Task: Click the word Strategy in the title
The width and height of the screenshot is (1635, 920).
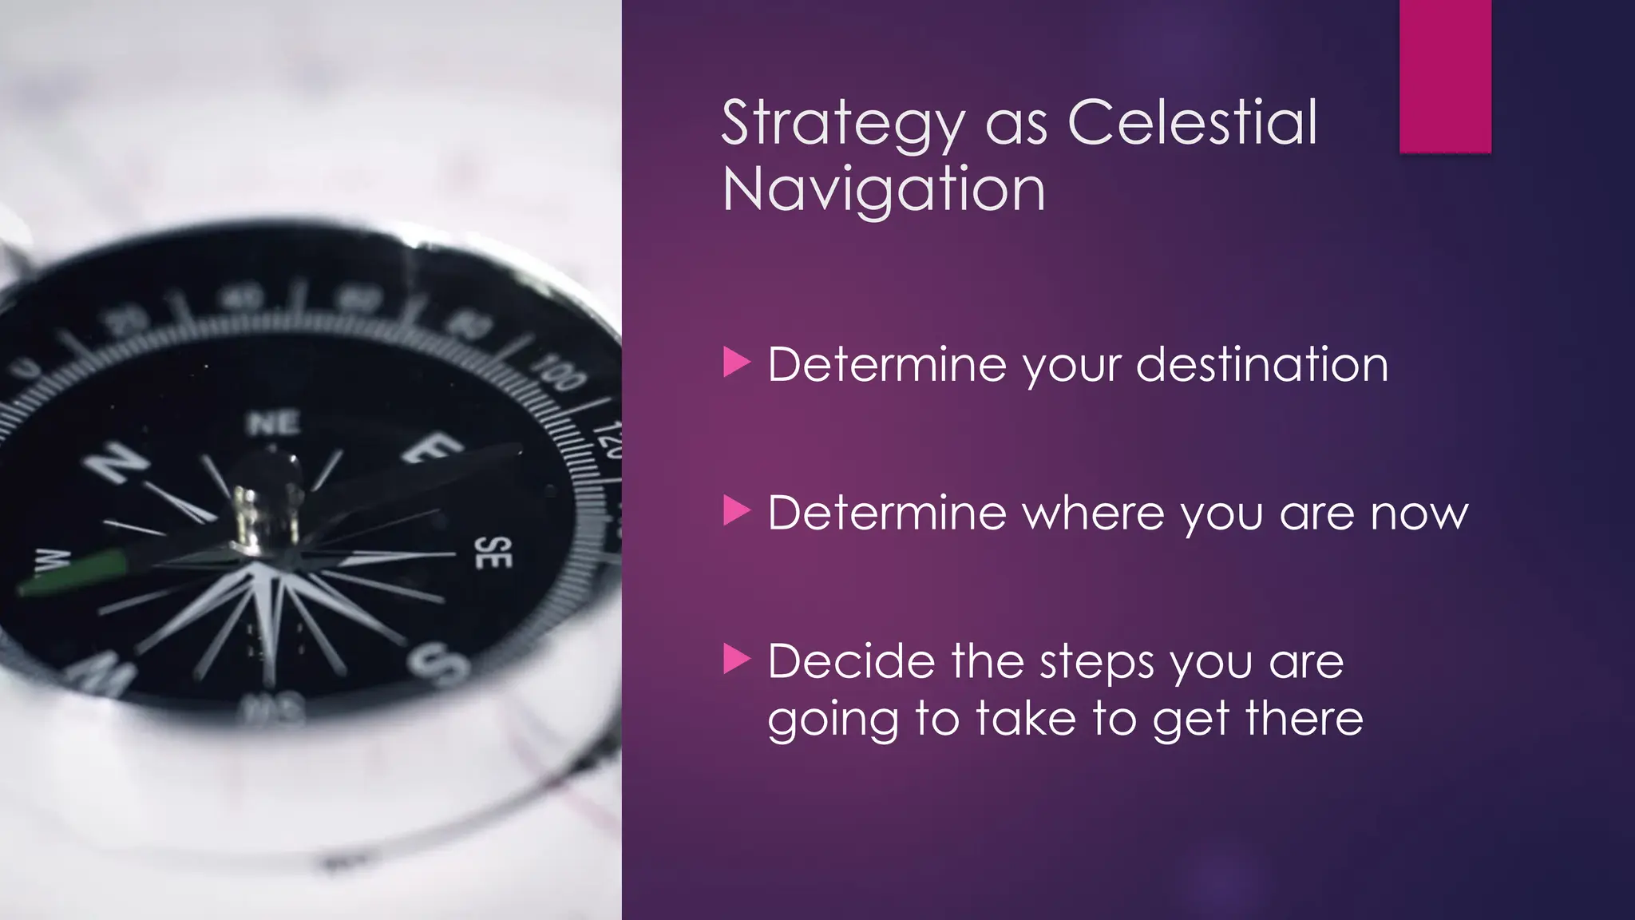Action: (x=843, y=124)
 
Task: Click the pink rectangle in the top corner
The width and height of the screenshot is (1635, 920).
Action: (x=1445, y=76)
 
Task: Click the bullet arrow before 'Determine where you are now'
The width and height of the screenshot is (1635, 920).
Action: (x=736, y=510)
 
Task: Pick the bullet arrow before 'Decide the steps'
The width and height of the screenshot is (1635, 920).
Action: (x=736, y=659)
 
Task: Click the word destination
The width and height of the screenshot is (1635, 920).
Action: (x=1261, y=365)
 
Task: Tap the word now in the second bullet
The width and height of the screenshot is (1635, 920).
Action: (x=1419, y=514)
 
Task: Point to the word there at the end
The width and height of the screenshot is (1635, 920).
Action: (x=1304, y=719)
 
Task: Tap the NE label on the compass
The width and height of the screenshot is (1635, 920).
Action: (x=273, y=423)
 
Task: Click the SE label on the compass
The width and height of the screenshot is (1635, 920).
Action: (x=493, y=553)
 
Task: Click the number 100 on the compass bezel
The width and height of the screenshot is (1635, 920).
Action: (x=560, y=372)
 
